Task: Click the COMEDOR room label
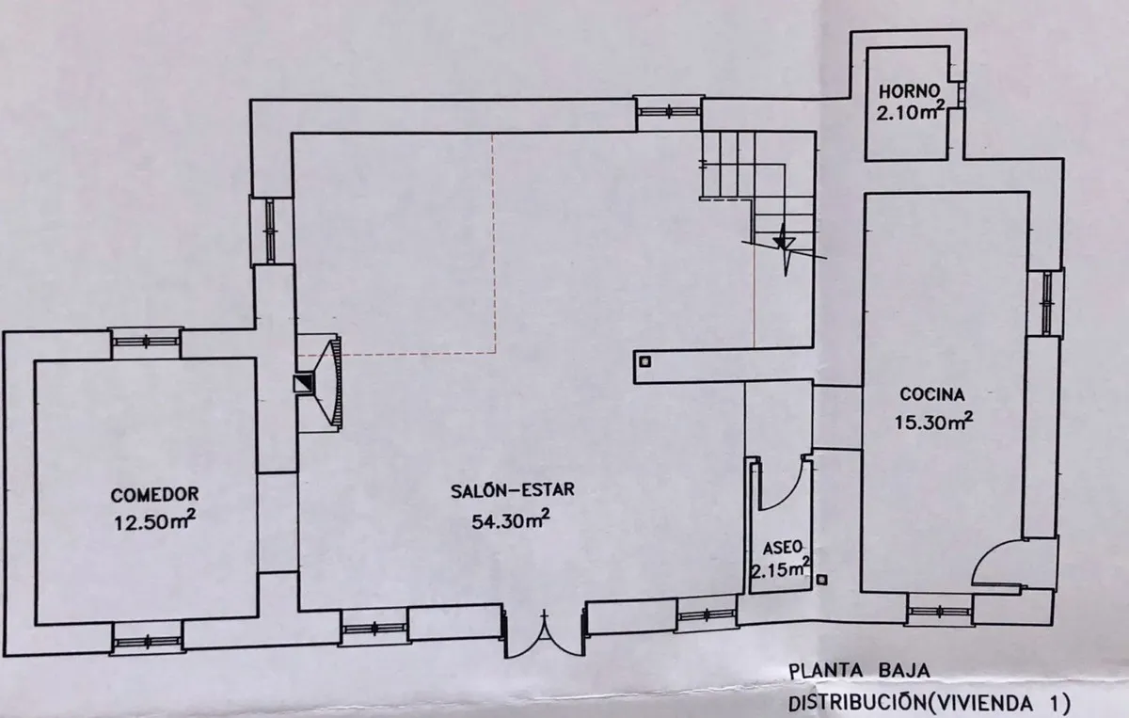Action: point(154,495)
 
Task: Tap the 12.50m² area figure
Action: point(154,522)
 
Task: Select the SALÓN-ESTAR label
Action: point(513,490)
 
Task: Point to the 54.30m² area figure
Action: point(511,519)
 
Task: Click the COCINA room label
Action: point(932,393)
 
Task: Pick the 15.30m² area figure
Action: point(933,421)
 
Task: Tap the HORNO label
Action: point(909,91)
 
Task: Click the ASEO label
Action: point(782,548)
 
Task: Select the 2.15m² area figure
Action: point(781,569)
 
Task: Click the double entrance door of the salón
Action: point(545,632)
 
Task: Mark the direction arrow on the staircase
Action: point(785,249)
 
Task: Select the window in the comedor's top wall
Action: point(146,342)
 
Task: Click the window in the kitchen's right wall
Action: point(1047,303)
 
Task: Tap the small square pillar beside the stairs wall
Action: point(645,361)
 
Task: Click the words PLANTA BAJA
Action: point(859,671)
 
